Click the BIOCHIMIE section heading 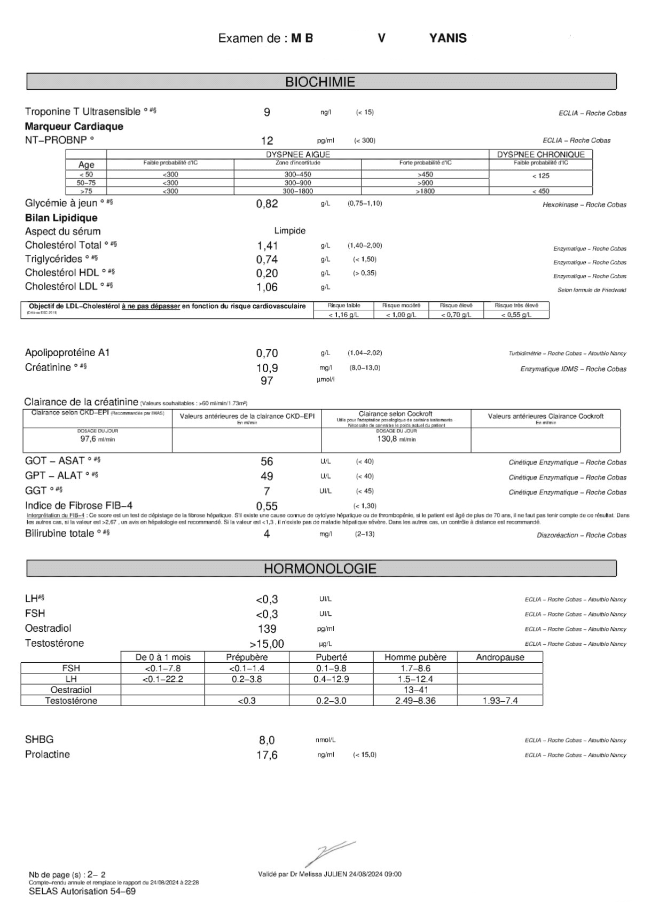[x=320, y=82]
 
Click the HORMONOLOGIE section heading [x=320, y=569]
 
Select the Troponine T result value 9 [x=267, y=112]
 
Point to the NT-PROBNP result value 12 [x=267, y=141]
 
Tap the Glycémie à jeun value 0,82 [x=267, y=203]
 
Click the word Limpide [x=289, y=231]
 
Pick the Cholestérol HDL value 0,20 [x=267, y=273]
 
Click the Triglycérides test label [x=53, y=259]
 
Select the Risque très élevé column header [x=516, y=305]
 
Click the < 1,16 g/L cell [x=343, y=315]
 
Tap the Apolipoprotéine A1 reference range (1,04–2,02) [x=365, y=353]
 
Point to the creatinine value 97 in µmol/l [x=267, y=381]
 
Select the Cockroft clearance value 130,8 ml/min [x=396, y=438]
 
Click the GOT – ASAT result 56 [x=267, y=461]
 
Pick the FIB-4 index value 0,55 [x=267, y=506]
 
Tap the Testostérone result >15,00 [x=266, y=644]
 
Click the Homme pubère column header [x=415, y=657]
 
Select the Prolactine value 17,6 [x=267, y=755]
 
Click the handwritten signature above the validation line [x=328, y=853]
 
